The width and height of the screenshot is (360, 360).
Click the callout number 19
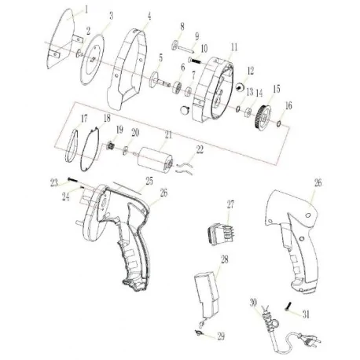click(x=119, y=128)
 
